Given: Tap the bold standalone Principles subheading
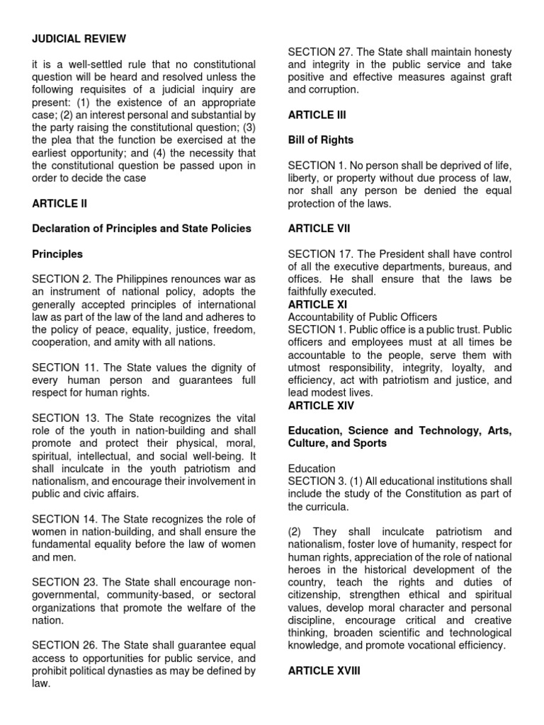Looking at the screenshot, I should pyautogui.click(x=57, y=253).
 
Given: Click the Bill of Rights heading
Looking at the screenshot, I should pyautogui.click(x=321, y=140).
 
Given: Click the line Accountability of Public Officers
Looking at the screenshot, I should pyautogui.click(x=362, y=316).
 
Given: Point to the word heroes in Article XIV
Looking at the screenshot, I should pyautogui.click(x=306, y=570).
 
